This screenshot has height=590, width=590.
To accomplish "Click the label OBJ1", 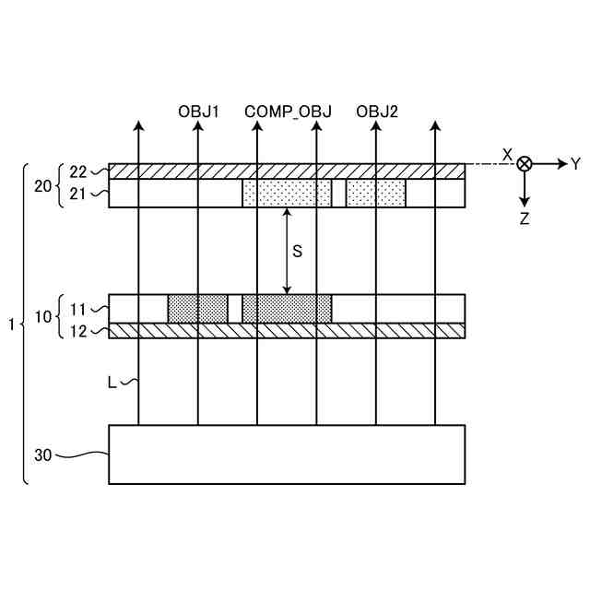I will click(x=198, y=112).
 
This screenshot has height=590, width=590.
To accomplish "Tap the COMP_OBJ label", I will click(x=281, y=112).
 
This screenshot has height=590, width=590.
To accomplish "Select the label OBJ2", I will click(x=377, y=112).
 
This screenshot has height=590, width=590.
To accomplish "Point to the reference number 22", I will click(x=77, y=171).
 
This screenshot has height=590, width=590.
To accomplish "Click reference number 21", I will click(x=77, y=194).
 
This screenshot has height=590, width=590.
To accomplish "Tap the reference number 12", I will click(x=77, y=331).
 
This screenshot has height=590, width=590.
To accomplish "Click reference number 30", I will click(x=43, y=454).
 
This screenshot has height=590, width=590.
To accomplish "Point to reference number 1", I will click(x=10, y=324).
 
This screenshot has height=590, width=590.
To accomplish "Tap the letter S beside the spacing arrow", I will click(x=297, y=251).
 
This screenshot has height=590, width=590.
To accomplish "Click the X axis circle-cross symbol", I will click(x=524, y=164).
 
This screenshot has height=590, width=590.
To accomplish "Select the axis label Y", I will click(x=575, y=164).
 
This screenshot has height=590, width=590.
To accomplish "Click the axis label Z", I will click(x=524, y=219).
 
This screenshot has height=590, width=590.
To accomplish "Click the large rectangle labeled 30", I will click(x=287, y=454).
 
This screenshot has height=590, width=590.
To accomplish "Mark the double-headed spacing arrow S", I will click(x=287, y=251).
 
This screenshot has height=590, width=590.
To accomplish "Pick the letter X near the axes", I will click(x=506, y=155).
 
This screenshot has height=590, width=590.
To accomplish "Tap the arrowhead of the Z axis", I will click(x=524, y=200).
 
